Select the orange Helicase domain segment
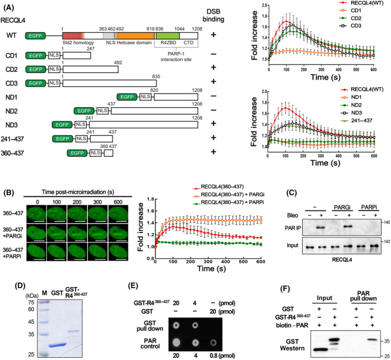(141, 34)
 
